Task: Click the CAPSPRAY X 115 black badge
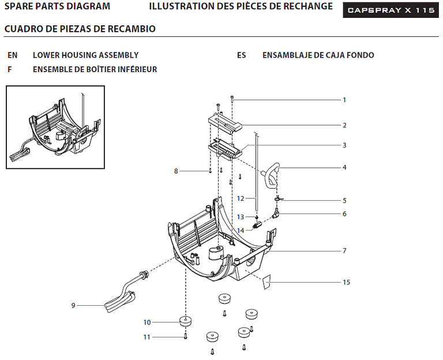(x=391, y=10)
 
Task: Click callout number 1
(x=344, y=100)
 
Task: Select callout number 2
(x=344, y=125)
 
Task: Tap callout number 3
(x=344, y=145)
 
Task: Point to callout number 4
(x=344, y=167)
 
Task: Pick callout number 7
(x=344, y=250)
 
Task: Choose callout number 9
(x=73, y=305)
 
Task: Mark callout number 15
(x=346, y=282)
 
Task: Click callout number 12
(x=241, y=198)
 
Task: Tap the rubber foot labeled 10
(x=186, y=321)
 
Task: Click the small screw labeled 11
(x=185, y=336)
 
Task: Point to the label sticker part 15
(x=266, y=282)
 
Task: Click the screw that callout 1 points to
(x=232, y=99)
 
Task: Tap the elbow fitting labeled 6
(x=275, y=213)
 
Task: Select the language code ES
(x=242, y=55)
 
